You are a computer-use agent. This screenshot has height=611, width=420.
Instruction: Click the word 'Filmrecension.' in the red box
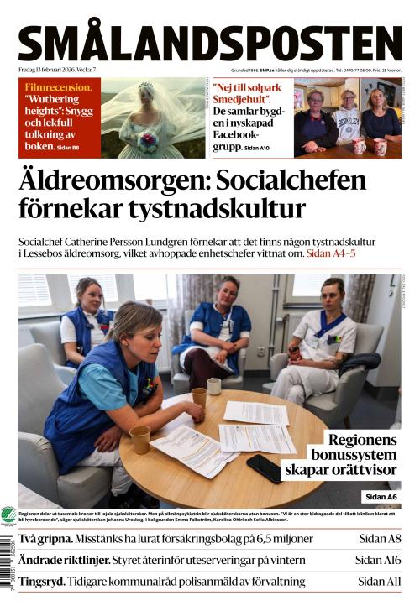coord(58,87)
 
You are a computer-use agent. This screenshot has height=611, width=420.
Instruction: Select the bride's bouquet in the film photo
coord(148,142)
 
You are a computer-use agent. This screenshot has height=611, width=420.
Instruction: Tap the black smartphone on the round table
coord(265,468)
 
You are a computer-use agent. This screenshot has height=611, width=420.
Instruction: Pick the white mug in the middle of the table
coord(214,386)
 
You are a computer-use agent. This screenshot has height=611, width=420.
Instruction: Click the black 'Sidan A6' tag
coord(381,497)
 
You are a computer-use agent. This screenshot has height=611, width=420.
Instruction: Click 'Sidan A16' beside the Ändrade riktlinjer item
coord(378,560)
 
